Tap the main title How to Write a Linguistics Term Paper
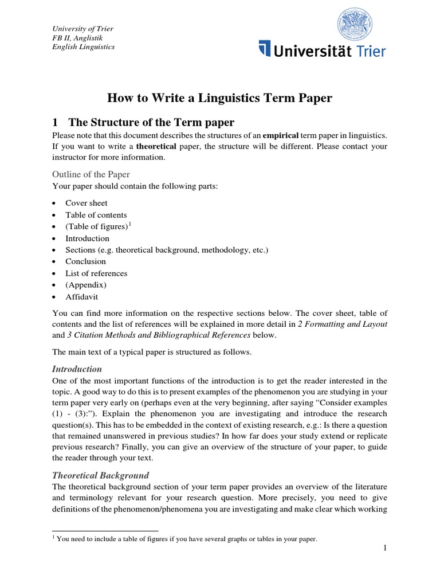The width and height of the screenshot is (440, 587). click(x=220, y=98)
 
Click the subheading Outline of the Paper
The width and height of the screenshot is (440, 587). click(x=91, y=174)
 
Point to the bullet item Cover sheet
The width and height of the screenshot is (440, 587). click(x=86, y=203)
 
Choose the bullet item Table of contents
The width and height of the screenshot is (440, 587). click(x=96, y=215)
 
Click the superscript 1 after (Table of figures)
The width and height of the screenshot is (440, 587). click(x=130, y=224)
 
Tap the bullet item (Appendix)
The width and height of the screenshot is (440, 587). click(x=86, y=285)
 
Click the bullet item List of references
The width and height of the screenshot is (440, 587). click(x=96, y=273)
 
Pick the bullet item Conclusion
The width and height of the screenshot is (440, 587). click(x=85, y=261)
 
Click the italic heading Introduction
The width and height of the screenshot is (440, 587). click(x=77, y=369)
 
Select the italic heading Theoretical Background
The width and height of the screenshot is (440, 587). click(x=100, y=475)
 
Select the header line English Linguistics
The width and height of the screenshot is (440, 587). click(x=83, y=46)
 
